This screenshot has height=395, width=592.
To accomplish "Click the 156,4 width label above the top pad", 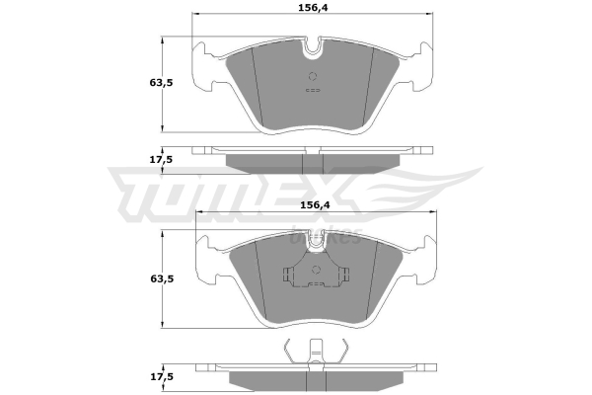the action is tap(313, 7).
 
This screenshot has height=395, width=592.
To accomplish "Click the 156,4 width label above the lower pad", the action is tap(315, 204).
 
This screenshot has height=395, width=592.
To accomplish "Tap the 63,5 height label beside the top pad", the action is tap(161, 82).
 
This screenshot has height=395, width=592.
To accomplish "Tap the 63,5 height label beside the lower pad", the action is tap(162, 278).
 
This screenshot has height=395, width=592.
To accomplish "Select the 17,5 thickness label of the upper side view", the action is tap(161, 160).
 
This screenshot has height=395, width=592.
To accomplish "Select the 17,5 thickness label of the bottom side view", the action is tap(162, 376).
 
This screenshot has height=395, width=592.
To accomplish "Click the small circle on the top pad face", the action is tap(313, 76).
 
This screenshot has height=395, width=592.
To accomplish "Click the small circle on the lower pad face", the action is tap(317, 270).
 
